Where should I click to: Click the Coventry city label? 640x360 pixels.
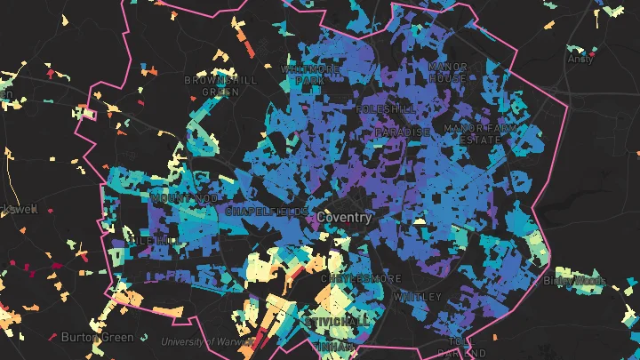[343, 217]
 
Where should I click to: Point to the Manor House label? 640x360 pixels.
[447, 72]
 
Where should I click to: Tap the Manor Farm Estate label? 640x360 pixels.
[479, 134]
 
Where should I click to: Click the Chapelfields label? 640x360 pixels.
[258, 212]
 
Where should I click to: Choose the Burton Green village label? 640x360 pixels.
[98, 337]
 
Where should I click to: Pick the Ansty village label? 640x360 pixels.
[580, 60]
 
